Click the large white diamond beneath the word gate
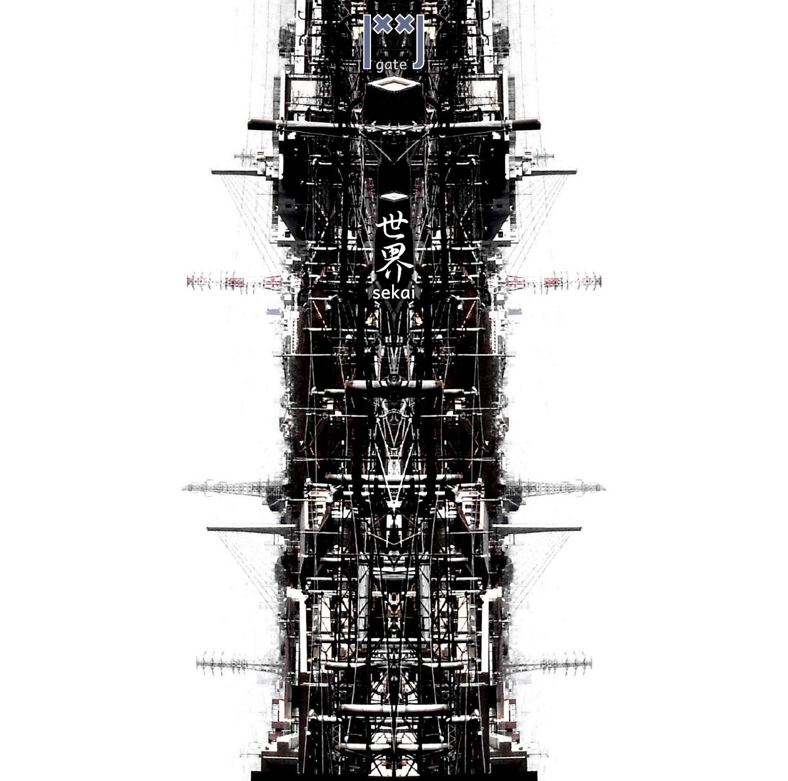click(394, 85)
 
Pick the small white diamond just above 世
click(394, 196)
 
